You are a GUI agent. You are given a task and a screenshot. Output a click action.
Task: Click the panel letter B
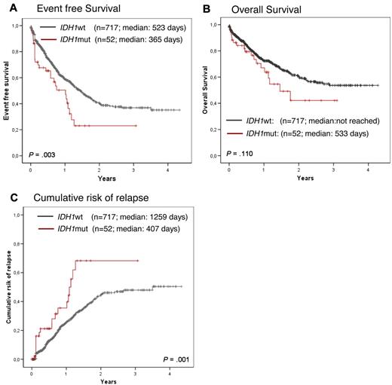coord(207,8)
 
